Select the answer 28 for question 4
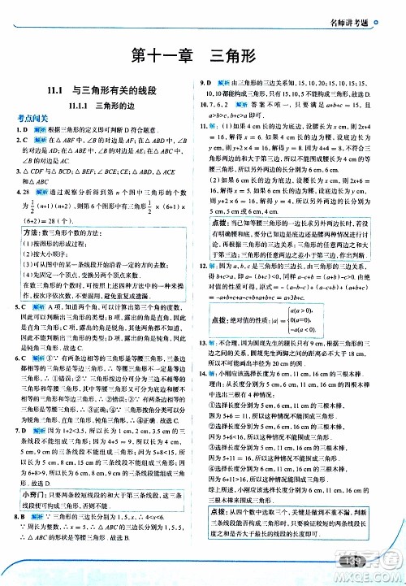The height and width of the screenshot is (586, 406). click(x=29, y=192)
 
